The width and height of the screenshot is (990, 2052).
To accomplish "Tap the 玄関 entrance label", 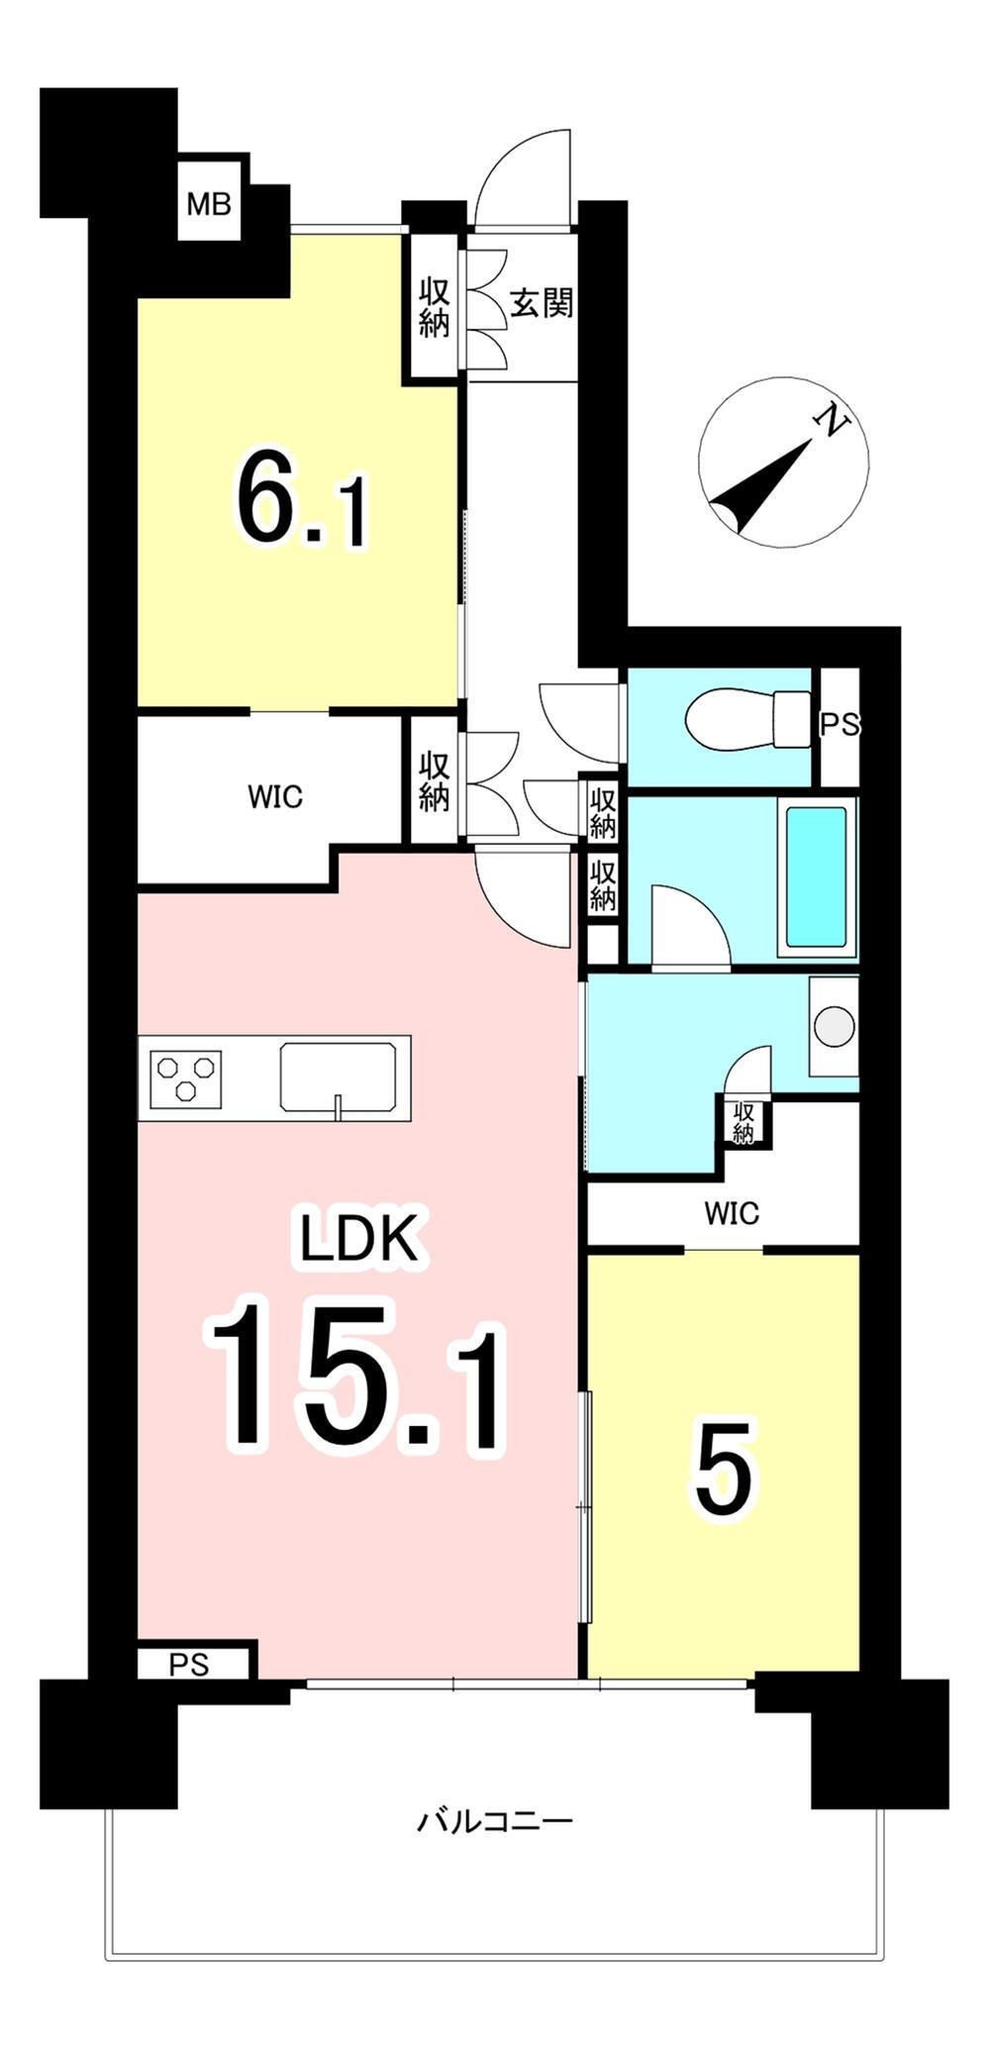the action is coord(542,302).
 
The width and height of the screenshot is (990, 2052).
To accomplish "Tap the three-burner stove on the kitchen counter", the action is coord(185,1078).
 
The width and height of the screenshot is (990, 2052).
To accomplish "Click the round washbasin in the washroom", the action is coord(834,1025).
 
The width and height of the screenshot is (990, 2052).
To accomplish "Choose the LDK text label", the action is coord(360,1242).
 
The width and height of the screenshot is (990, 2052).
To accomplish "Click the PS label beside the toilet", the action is coord(840,725).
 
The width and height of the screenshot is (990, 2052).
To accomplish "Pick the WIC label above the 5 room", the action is coord(732,1212).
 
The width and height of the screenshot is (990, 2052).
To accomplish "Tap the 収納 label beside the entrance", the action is coord(434,308).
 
